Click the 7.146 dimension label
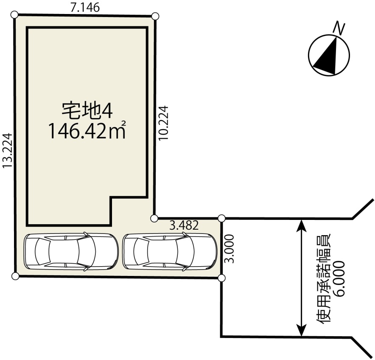tap(85, 8)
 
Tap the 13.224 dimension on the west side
tap(7, 151)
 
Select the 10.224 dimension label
tap(164, 123)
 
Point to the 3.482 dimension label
tap(184, 225)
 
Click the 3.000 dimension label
tap(230, 249)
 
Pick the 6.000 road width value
tap(340, 279)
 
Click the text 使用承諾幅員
tap(324, 279)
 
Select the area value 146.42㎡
tap(87, 130)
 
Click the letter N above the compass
tap(339, 28)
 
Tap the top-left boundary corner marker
tap(14, 15)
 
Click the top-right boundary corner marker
tap(155, 16)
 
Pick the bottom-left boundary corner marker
tap(15, 276)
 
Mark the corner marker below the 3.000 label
tap(222, 278)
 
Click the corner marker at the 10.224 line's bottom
tap(154, 218)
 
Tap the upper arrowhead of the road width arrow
tap(302, 226)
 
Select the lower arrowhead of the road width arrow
tap(302, 330)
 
